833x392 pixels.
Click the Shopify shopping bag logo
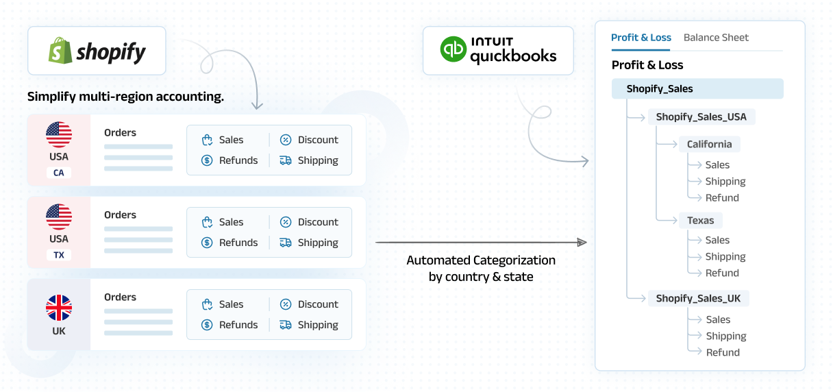click(60, 51)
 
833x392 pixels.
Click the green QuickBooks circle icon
click(453, 50)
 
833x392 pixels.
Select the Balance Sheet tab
click(716, 38)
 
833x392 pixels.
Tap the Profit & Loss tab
click(641, 38)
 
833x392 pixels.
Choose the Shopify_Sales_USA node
click(701, 117)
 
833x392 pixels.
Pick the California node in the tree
click(709, 145)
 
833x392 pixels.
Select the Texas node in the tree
click(700, 221)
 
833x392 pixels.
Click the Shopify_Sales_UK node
click(698, 298)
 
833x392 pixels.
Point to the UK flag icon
click(59, 308)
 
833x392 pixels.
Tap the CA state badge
click(59, 173)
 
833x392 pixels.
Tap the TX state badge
click(59, 255)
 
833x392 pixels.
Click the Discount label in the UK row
click(318, 304)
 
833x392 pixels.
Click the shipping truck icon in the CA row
click(286, 160)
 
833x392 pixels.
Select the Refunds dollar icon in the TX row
click(207, 243)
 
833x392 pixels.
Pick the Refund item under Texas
click(722, 273)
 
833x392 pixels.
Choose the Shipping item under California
click(725, 182)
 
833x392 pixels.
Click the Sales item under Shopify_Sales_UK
click(718, 319)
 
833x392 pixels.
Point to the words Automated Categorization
click(481, 260)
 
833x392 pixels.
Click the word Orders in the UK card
click(121, 297)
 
